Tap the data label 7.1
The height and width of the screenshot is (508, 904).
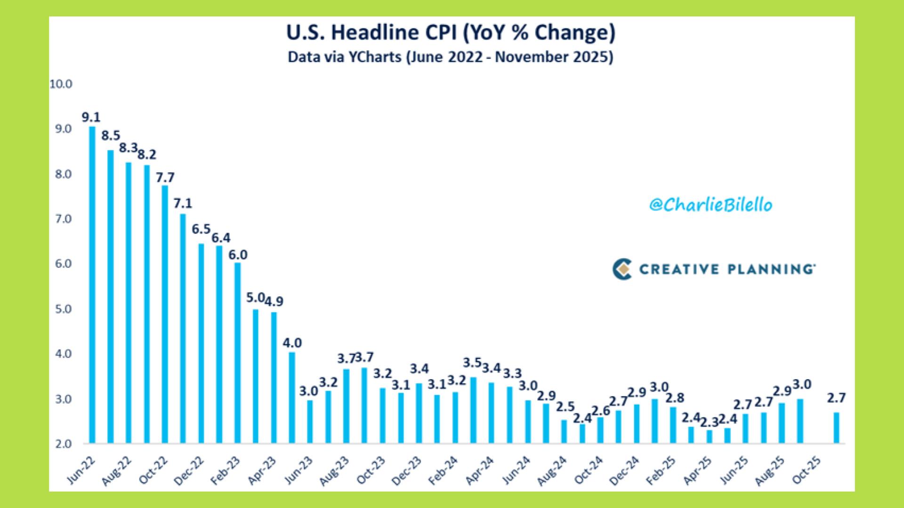tap(183, 203)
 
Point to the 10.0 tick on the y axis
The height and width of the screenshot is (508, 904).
tap(61, 84)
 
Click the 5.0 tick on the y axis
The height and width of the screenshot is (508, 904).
tap(61, 309)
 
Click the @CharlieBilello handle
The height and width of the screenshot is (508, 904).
tap(710, 205)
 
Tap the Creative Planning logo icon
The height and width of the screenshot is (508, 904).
tap(622, 269)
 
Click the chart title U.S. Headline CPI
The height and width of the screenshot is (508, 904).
tap(451, 33)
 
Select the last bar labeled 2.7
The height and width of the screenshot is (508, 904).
tap(836, 428)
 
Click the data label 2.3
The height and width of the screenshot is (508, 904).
tap(709, 422)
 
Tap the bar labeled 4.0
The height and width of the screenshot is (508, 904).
tap(292, 397)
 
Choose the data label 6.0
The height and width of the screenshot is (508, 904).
tap(238, 254)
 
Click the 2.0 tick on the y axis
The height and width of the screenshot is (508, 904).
tap(61, 444)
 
